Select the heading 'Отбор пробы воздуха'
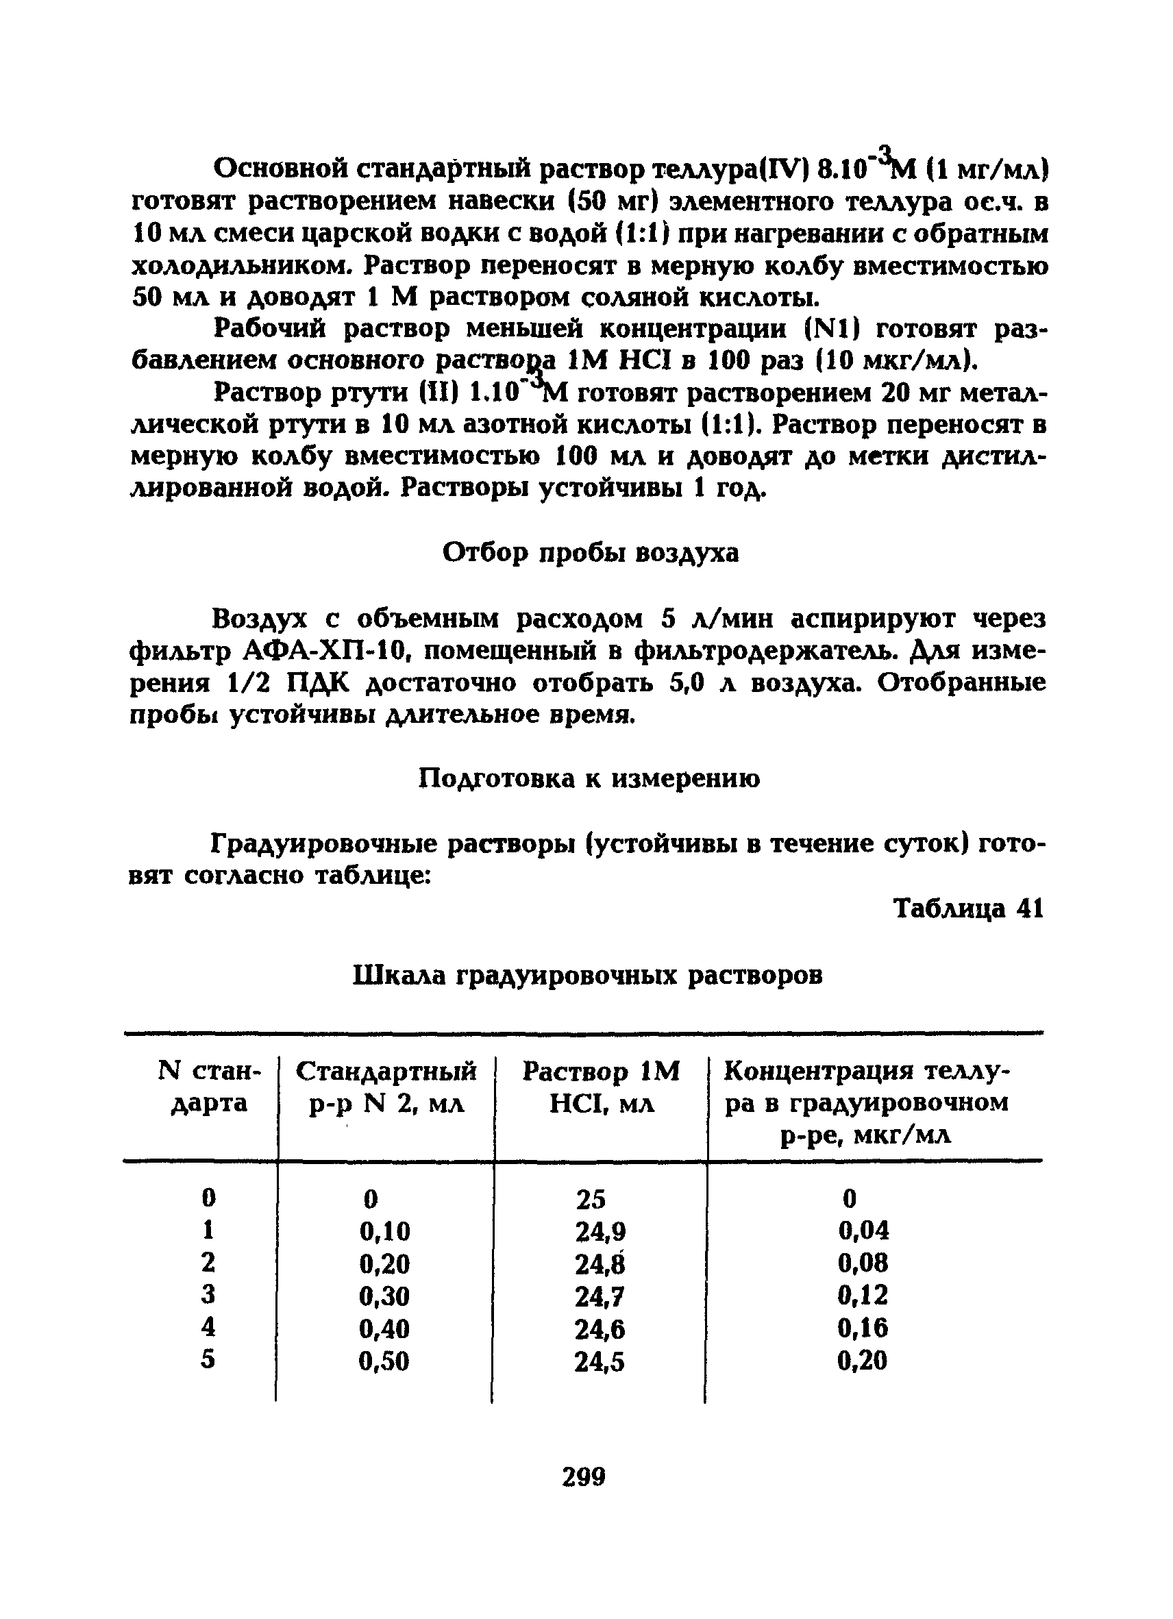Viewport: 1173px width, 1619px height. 591,553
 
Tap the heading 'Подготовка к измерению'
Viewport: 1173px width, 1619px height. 589,778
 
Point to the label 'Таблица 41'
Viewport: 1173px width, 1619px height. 968,909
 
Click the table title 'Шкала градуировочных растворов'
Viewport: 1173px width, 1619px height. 588,975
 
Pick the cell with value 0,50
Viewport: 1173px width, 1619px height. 384,1361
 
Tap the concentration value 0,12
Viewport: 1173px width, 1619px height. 863,1296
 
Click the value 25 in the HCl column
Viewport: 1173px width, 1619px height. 591,1199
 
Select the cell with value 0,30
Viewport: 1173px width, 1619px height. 384,1296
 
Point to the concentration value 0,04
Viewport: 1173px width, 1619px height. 863,1230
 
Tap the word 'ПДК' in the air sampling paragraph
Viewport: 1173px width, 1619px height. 317,683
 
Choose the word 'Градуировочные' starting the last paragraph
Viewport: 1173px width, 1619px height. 323,844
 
